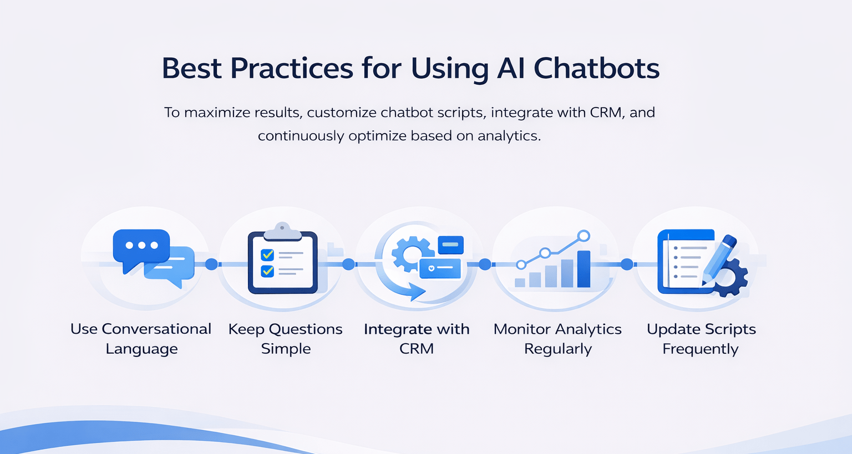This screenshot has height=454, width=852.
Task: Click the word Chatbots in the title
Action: coord(596,68)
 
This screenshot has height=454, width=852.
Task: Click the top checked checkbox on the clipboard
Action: coord(267,254)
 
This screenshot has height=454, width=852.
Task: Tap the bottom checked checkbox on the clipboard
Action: coord(267,271)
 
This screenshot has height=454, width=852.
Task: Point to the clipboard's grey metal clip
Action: coord(282,232)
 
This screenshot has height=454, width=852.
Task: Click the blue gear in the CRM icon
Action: coord(410,254)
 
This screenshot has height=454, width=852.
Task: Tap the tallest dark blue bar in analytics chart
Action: coord(584,269)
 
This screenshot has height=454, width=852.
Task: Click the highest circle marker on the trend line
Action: coord(584,236)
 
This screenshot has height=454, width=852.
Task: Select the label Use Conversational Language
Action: coord(141,339)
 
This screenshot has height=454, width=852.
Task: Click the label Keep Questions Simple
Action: coord(286,339)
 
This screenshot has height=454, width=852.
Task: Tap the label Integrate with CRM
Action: coord(417,339)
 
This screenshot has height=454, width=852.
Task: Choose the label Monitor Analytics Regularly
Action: coord(557,339)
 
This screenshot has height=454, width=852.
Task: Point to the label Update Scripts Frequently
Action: coord(701,339)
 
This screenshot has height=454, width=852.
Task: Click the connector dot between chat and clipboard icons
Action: coord(211,264)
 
